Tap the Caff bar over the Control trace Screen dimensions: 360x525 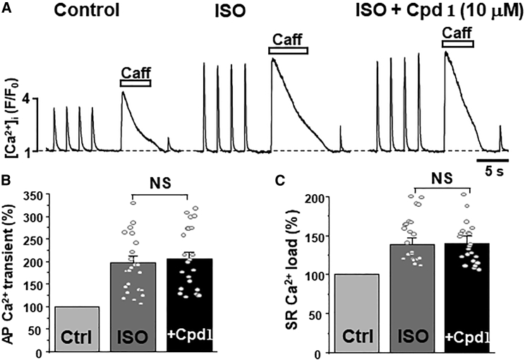coord(136,83)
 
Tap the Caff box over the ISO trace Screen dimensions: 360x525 coord(288,51)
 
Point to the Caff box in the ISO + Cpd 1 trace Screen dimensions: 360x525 coord(457,44)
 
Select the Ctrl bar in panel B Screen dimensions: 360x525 coord(77,330)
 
